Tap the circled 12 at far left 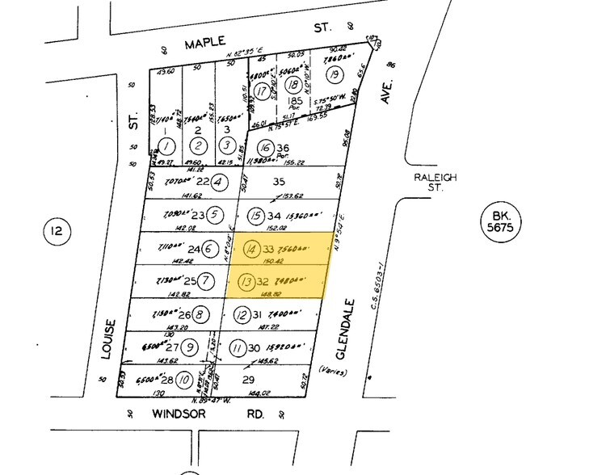point(57,233)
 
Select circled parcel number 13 point(246,283)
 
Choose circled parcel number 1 point(166,146)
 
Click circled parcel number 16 point(263,147)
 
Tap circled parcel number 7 point(205,282)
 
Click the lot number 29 point(249,379)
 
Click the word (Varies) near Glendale point(335,372)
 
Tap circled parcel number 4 point(217,183)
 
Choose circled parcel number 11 point(236,348)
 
